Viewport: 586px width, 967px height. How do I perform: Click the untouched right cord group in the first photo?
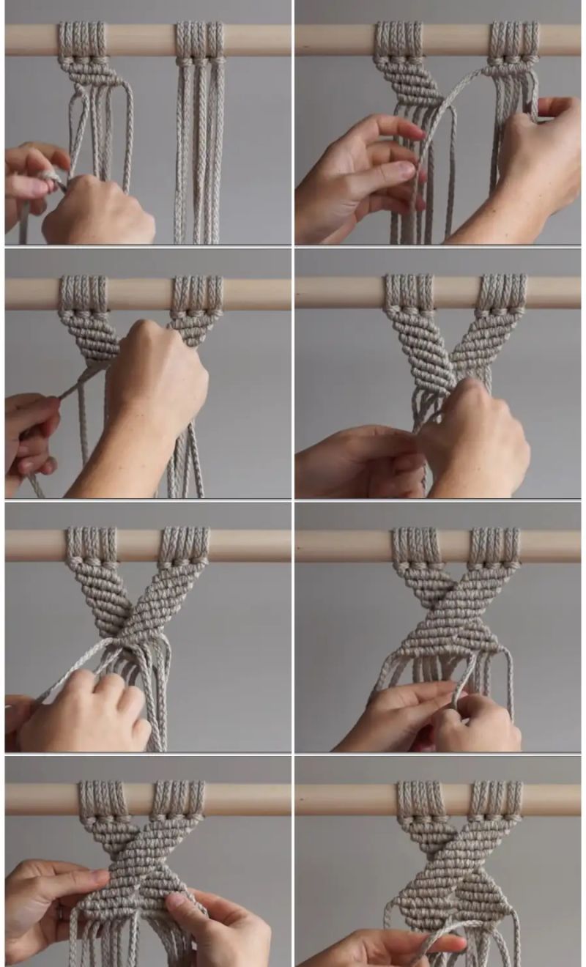(x=199, y=147)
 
